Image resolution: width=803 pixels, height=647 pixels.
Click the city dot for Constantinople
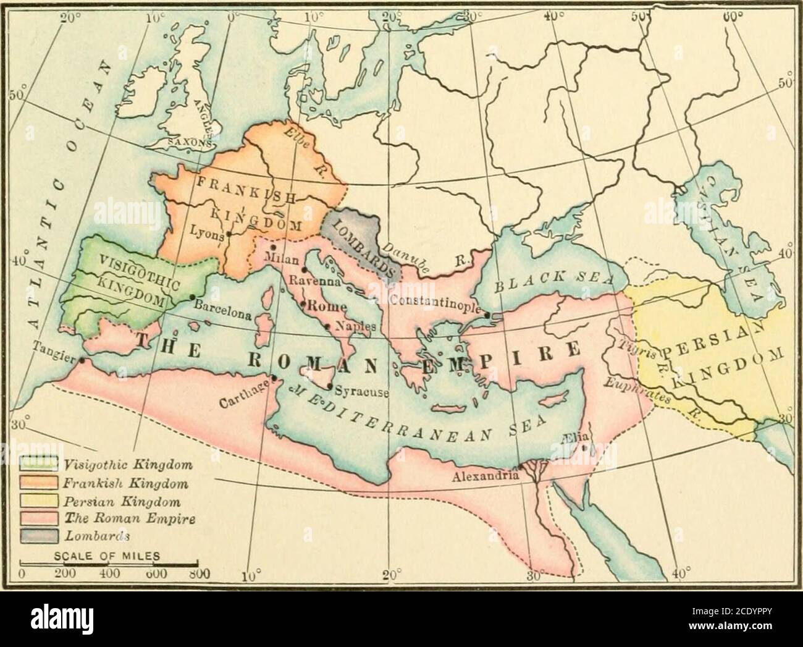488,316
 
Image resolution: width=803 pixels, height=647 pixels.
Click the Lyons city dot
229,235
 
